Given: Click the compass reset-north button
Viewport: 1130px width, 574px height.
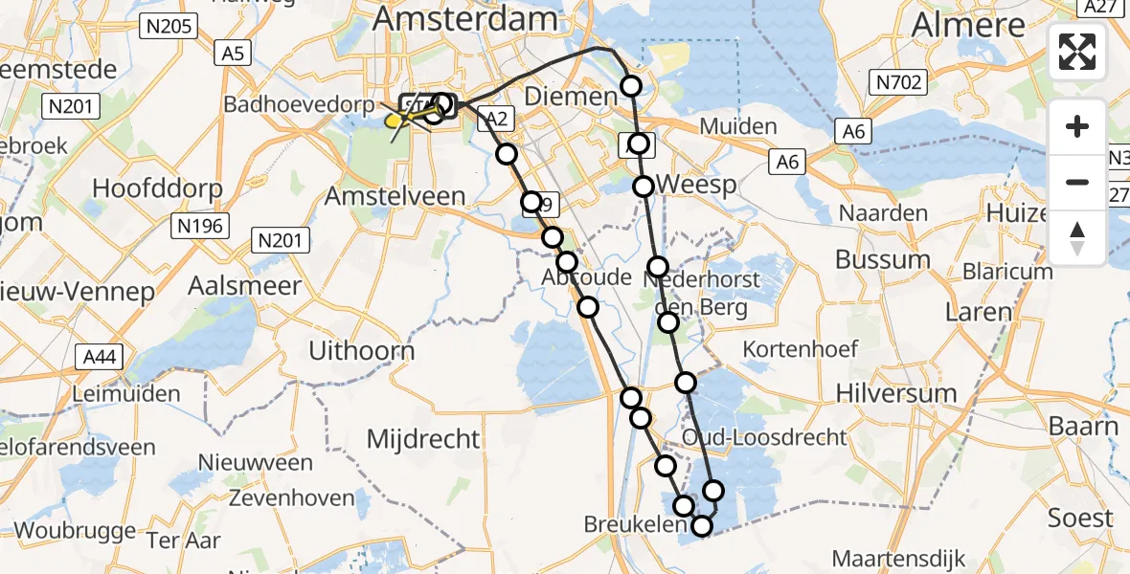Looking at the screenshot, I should (x=1077, y=238).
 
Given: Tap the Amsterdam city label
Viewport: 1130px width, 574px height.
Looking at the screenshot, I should (x=465, y=18).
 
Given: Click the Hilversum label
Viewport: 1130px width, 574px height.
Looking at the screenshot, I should (x=896, y=393).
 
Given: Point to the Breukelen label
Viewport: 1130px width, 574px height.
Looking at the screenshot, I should (x=636, y=524).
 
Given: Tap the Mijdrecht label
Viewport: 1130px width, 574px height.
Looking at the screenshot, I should (x=423, y=439).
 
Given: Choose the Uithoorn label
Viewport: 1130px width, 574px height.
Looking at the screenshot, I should (x=362, y=351).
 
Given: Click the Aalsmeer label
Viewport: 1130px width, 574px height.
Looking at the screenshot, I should (x=244, y=285).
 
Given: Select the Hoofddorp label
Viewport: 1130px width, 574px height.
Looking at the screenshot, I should (x=157, y=188).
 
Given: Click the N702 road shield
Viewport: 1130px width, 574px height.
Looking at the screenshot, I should (x=898, y=83).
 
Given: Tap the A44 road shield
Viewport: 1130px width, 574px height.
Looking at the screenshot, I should (x=100, y=358).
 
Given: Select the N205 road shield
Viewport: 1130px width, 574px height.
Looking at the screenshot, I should (x=169, y=27).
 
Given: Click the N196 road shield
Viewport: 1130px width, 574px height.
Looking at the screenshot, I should (x=200, y=227).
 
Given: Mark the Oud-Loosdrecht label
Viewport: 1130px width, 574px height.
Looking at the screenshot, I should (x=764, y=437).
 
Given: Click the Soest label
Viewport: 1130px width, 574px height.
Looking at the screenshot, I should (x=1080, y=518).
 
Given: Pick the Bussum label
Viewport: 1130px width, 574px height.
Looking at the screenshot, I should (x=883, y=259).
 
